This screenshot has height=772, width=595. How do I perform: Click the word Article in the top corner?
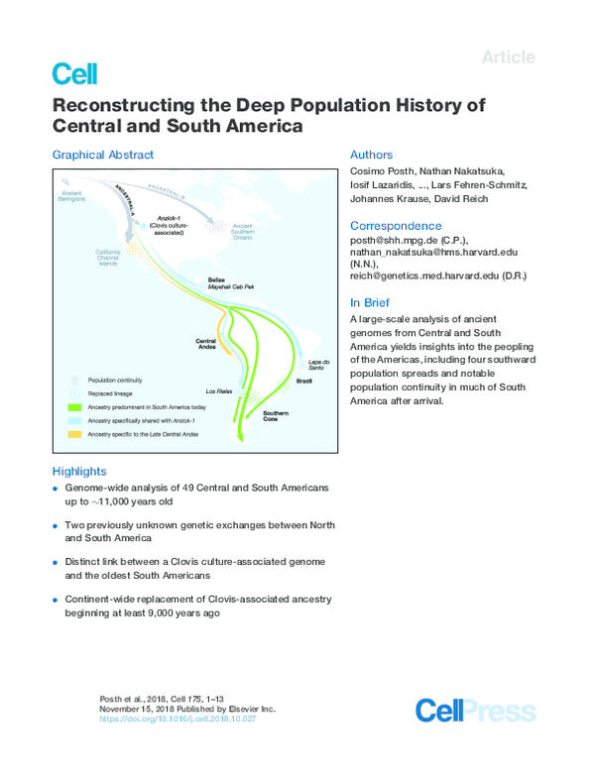click(x=508, y=56)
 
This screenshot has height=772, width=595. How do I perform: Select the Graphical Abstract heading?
click(x=103, y=156)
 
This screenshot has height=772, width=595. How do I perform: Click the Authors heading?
click(x=372, y=156)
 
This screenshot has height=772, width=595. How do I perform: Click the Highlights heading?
click(x=79, y=472)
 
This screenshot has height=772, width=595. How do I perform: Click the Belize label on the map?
click(x=216, y=279)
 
